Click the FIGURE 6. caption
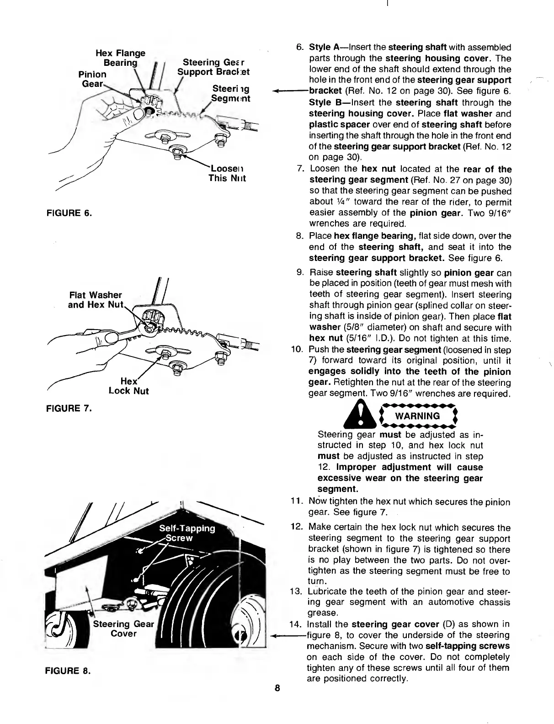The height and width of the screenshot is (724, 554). (x=69, y=213)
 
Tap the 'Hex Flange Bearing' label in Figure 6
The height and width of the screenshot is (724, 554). (x=117, y=58)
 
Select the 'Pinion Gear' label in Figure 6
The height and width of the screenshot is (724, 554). (x=93, y=79)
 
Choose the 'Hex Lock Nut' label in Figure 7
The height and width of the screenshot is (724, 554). (x=128, y=386)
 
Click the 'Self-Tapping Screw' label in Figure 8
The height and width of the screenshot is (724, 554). (x=187, y=533)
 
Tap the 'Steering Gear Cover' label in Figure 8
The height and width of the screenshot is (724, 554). (x=124, y=628)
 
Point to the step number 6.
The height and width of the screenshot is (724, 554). (x=300, y=48)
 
